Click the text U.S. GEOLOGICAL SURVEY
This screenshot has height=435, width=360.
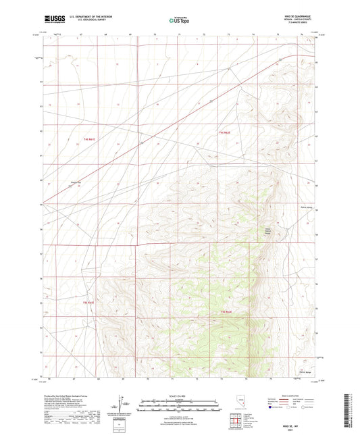tap(86, 23)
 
